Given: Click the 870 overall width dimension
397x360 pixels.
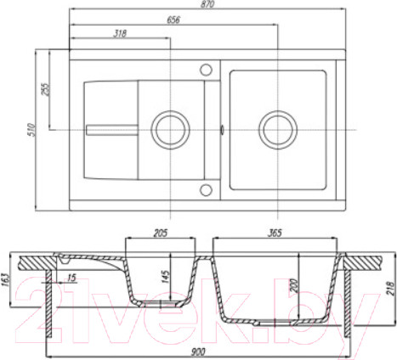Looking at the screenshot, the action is [208, 4].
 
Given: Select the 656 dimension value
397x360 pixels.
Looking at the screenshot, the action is [173, 20].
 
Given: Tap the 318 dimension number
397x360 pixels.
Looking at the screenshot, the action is [120, 33].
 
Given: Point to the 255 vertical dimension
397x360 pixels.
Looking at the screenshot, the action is [45, 89].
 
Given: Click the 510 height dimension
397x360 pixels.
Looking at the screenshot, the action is [31, 130].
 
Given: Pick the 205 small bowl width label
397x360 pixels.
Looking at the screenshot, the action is [161, 233].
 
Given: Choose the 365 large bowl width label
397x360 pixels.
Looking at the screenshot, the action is [275, 233].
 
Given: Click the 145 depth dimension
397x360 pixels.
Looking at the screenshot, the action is [165, 277].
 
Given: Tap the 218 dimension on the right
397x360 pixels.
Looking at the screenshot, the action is [391, 289].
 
